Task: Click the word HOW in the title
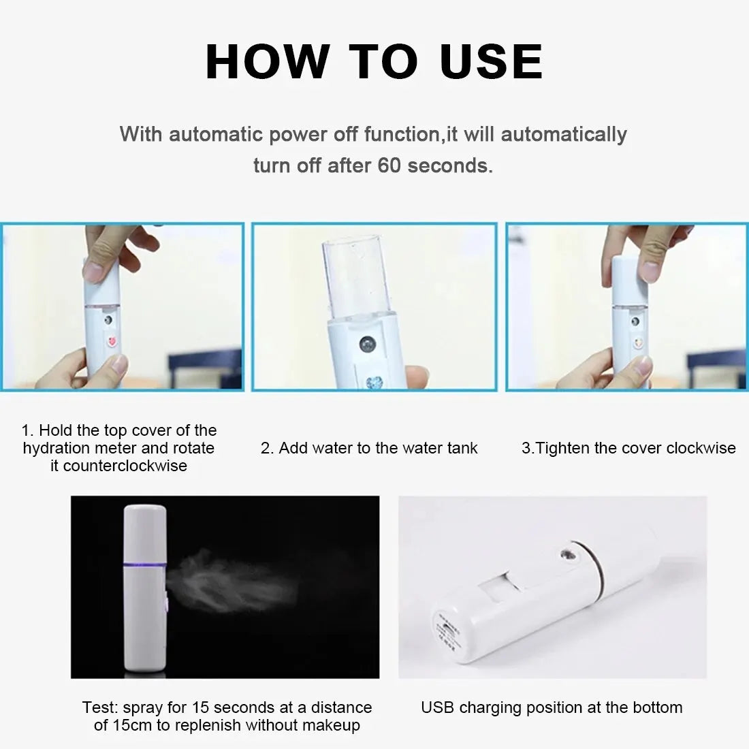[266, 61]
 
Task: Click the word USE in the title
[492, 61]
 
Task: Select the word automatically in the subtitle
[564, 134]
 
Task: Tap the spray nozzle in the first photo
[108, 319]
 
